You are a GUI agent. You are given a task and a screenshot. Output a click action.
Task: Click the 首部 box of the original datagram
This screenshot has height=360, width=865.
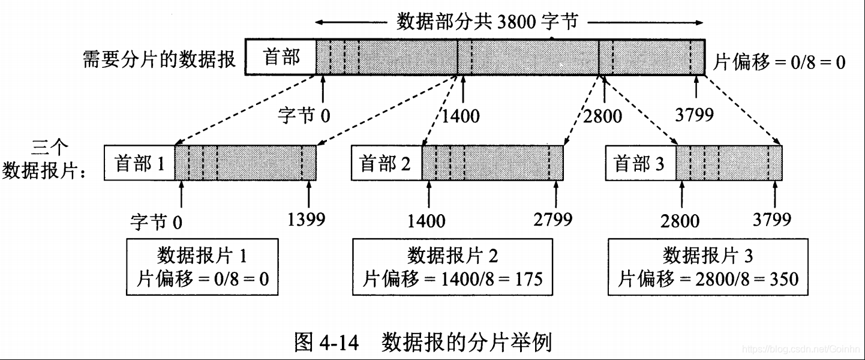(281, 58)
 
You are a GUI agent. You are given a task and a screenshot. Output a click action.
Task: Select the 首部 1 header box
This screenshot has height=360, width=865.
(139, 163)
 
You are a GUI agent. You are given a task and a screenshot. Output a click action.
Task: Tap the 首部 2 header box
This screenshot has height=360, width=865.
(386, 163)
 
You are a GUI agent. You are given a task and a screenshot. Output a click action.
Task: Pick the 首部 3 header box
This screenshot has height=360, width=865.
(641, 163)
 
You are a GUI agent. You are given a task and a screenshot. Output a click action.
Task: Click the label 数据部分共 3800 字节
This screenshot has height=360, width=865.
(486, 23)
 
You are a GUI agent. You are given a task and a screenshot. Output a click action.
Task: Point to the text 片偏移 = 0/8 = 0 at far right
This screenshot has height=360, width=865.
(779, 61)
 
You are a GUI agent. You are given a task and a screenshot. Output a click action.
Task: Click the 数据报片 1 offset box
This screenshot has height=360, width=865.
(202, 267)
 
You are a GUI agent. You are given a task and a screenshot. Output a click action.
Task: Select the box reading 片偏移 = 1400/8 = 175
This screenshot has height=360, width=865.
(452, 267)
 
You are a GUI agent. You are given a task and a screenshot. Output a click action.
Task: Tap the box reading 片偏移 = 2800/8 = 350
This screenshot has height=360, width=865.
(708, 267)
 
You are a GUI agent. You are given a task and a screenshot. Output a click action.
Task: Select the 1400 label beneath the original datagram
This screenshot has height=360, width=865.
(461, 115)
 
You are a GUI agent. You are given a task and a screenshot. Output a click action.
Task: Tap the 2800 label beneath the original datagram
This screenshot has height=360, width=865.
(602, 115)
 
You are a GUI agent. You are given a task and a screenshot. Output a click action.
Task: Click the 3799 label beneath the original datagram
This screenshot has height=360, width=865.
(694, 113)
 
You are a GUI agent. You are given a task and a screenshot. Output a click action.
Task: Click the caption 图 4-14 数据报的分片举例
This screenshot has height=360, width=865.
(423, 342)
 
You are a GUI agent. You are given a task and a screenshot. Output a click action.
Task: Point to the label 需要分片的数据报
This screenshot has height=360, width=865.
(159, 59)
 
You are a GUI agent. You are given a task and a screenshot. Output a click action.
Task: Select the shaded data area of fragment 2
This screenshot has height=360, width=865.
(492, 163)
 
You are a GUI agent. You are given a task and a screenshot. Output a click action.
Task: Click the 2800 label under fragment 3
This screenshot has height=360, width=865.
(680, 221)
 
